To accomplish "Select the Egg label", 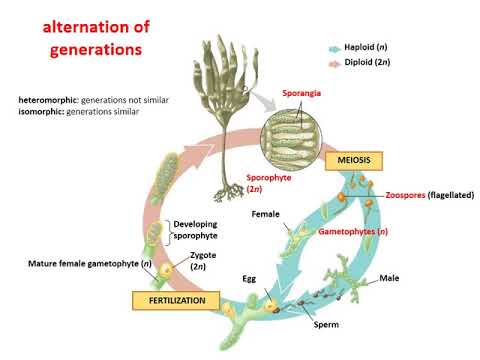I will point(250,276).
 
